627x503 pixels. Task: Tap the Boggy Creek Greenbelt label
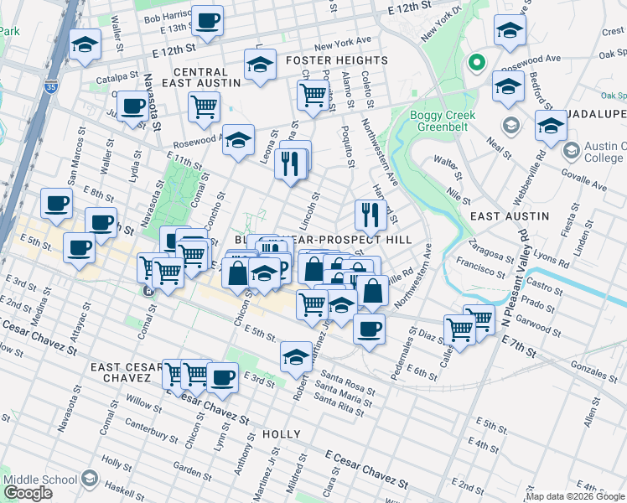tap(443, 122)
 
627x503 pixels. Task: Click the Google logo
tap(28, 493)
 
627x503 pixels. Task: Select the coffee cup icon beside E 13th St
tap(207, 19)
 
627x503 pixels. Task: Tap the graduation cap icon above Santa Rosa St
tap(296, 356)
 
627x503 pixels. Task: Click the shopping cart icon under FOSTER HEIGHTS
tap(312, 95)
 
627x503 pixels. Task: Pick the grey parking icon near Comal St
tap(148, 292)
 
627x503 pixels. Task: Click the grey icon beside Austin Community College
tap(572, 151)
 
